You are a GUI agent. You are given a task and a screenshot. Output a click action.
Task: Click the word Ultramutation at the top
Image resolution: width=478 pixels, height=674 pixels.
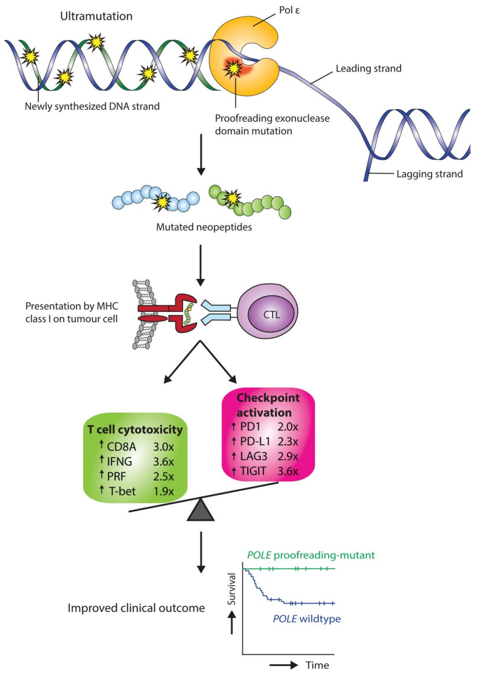[x=96, y=16]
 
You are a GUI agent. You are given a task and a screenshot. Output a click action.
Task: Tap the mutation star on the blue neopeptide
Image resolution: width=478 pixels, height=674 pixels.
[x=165, y=201]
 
